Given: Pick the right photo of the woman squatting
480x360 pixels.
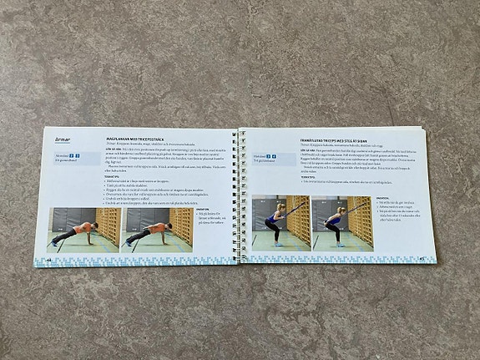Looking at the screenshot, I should [342, 223].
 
